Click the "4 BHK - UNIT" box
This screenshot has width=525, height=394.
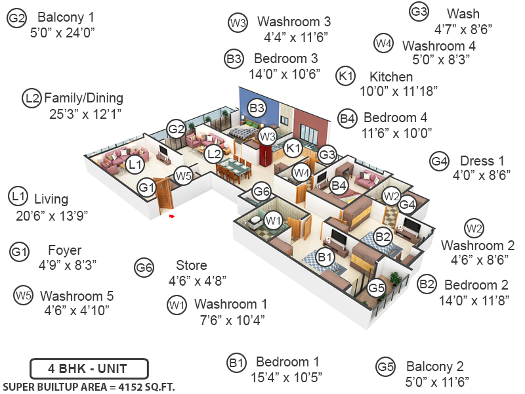[x=89, y=368]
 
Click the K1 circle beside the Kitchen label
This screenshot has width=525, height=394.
[x=345, y=76]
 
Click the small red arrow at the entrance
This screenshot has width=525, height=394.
[x=171, y=215]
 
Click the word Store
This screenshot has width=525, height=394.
[x=192, y=265]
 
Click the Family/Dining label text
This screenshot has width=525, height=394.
[x=83, y=98]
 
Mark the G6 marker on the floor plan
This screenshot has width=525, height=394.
[x=262, y=192]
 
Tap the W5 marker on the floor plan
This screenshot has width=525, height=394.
[x=183, y=175]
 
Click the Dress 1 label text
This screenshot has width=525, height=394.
[x=482, y=161]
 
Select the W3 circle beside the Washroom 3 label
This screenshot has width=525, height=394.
[x=237, y=23]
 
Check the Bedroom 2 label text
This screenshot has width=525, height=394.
[x=476, y=285]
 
